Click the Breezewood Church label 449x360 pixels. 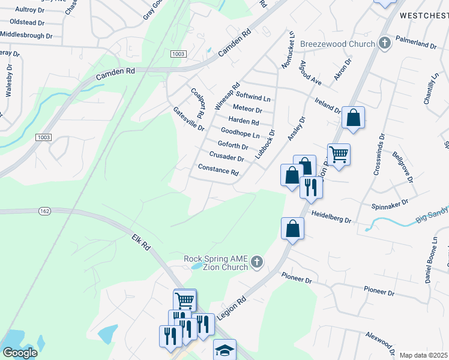tap(337, 44)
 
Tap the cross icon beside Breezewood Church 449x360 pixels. tap(385, 43)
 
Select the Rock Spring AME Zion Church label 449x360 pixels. tap(216, 263)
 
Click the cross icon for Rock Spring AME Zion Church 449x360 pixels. tap(257, 262)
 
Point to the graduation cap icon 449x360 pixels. tap(225, 350)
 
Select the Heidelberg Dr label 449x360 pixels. tap(331, 217)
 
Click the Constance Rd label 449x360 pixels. tap(218, 170)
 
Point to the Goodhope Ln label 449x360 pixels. tap(240, 133)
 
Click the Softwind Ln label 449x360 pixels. tap(254, 97)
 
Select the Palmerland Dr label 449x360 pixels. tap(415, 45)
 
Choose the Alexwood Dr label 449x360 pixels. tap(380, 341)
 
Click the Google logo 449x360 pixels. tap(19, 353)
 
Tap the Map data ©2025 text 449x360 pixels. tap(424, 355)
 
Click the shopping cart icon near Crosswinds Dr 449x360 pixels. tap(339, 154)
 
